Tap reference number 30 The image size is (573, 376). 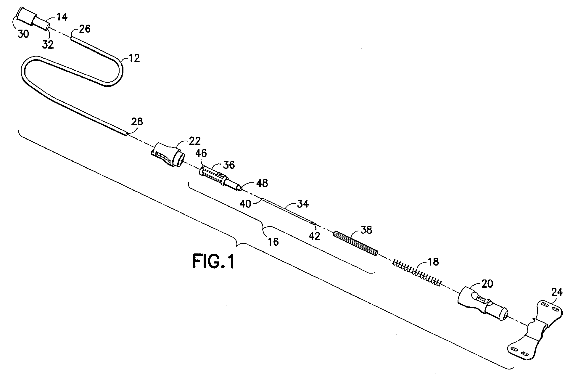coord(23,34)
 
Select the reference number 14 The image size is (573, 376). coord(62,17)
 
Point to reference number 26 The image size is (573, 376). coord(85,29)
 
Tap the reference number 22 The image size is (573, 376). coord(194,141)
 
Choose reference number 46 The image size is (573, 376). coord(201,153)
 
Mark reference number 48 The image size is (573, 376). coord(262,183)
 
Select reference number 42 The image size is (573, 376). coord(314,236)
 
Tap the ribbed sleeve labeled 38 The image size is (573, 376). coord(356,244)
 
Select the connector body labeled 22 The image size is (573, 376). coord(168,156)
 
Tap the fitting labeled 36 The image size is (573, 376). coord(220,179)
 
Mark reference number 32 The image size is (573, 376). coord(48,44)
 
